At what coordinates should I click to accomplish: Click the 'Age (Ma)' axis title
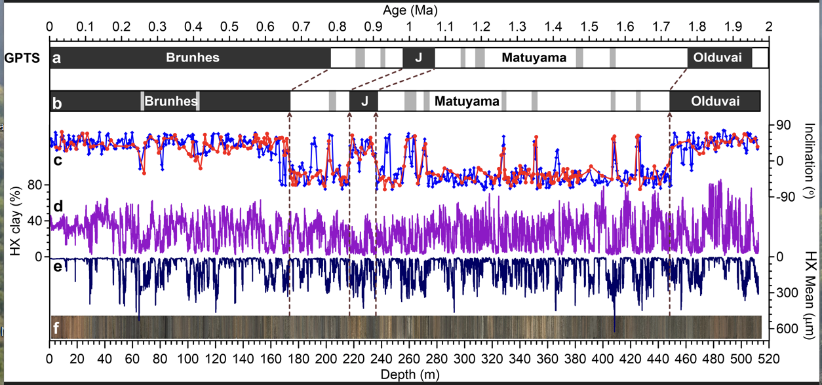click(410, 10)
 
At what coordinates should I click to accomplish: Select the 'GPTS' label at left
click(22, 58)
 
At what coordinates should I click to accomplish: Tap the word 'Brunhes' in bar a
click(192, 58)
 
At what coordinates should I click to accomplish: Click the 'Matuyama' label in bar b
click(467, 101)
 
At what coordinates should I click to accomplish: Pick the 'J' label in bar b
click(365, 101)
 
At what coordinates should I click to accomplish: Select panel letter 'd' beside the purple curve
click(58, 206)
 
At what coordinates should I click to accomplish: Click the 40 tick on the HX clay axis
click(37, 221)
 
